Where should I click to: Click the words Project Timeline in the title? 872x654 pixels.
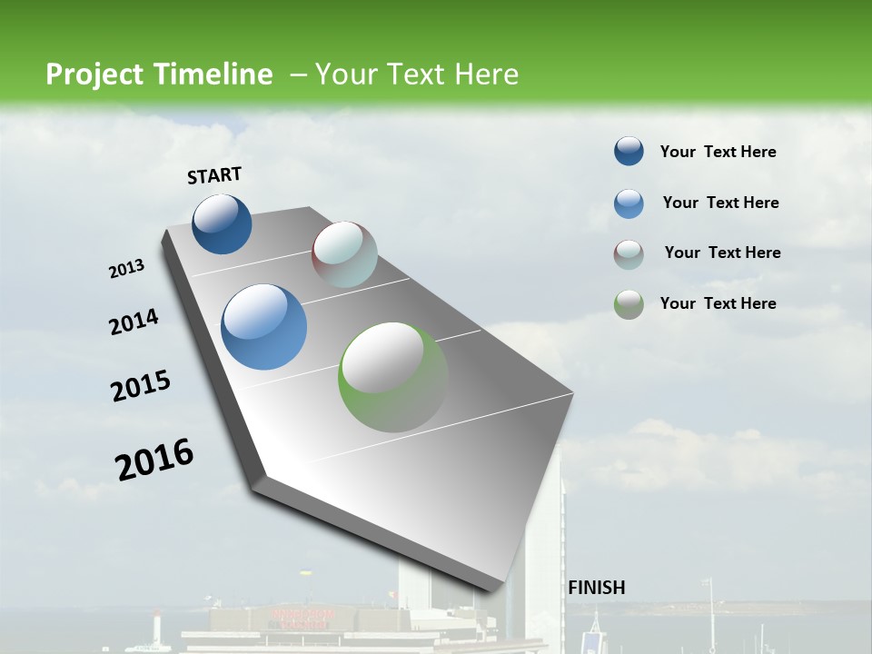159,74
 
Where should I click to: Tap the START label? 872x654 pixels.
214,175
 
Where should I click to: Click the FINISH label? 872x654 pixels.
596,588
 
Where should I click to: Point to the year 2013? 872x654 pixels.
127,269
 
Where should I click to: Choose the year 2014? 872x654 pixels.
134,322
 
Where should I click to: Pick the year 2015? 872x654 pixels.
141,386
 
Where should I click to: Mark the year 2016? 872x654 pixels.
154,460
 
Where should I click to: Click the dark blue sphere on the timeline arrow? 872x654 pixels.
222,223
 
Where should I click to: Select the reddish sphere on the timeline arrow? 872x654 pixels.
344,254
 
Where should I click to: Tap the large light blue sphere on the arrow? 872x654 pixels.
263,327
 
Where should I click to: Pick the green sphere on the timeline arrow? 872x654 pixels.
393,377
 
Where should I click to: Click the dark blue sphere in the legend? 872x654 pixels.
629,152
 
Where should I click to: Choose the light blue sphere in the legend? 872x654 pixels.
629,203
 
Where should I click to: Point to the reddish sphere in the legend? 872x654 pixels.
629,254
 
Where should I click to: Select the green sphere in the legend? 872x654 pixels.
629,304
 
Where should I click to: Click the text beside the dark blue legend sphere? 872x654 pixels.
718,152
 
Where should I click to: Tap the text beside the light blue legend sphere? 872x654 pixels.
720,203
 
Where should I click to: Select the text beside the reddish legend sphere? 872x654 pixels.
722,253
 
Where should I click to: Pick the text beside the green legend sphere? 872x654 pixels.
718,303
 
